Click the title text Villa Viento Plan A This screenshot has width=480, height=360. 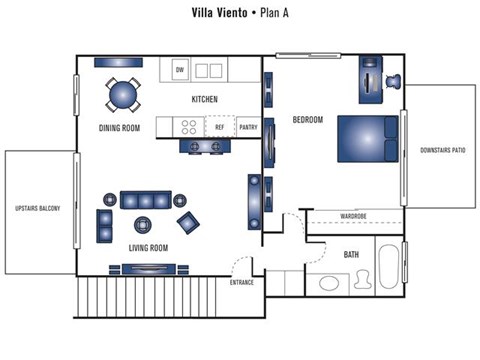240,13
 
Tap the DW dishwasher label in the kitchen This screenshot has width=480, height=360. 180,70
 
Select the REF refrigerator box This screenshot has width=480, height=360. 219,127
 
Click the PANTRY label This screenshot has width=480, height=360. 248,127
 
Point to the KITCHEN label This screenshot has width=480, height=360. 205,99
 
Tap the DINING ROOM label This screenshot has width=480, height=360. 119,128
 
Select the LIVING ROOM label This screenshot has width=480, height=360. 147,247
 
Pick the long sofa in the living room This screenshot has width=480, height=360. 146,198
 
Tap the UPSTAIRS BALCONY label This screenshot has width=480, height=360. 38,208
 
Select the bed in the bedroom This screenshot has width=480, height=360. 368,139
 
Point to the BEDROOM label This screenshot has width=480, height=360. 307,120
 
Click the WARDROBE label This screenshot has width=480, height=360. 354,216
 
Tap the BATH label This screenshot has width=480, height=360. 352,254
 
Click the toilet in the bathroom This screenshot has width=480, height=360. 329,283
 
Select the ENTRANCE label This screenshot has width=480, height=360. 242,282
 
